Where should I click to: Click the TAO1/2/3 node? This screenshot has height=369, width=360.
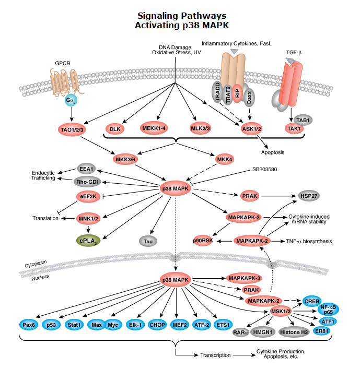point(73,128)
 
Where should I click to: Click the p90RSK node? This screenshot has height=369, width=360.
point(203,241)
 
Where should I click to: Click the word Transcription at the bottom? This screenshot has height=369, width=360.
point(215,355)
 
